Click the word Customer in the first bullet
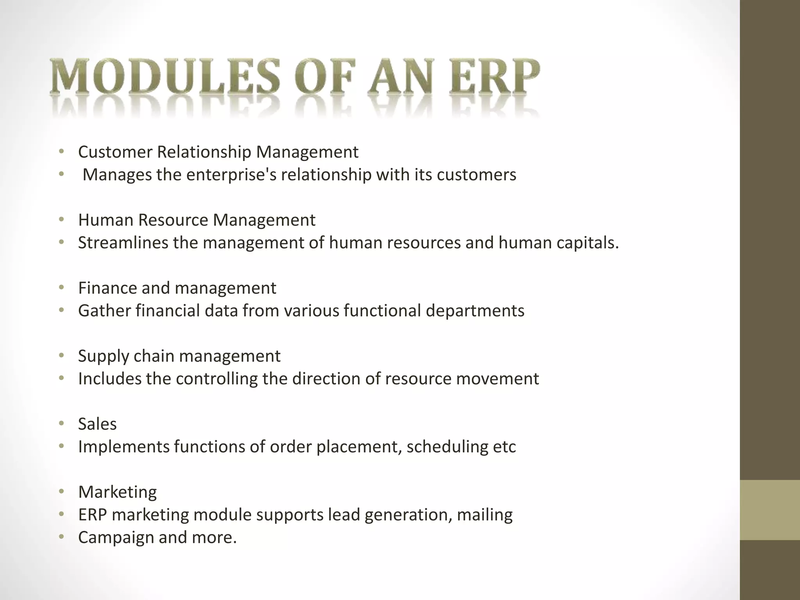pos(115,152)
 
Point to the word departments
pos(475,311)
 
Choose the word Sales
pos(97,424)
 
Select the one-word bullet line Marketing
pos(117,492)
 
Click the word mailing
pos(484,515)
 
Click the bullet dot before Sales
pos(61,423)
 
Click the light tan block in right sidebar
pos(770,510)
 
